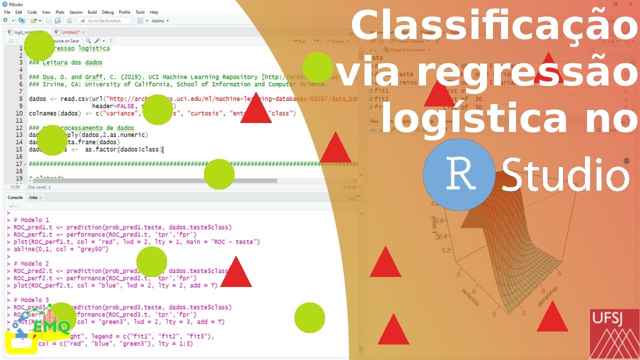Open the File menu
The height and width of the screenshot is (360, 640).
pos(7,12)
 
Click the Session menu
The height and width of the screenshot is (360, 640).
pos(76,12)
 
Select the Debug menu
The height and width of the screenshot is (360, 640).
pos(107,12)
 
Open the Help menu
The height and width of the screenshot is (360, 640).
pos(154,12)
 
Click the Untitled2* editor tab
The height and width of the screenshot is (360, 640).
pos(70,32)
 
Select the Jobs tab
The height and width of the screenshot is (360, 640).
pos(33,197)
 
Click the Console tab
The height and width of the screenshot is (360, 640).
pos(15,197)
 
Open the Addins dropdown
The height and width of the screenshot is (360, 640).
pos(160,21)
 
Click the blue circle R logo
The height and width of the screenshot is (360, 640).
pos(458,174)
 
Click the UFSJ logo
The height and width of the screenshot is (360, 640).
pos(614,333)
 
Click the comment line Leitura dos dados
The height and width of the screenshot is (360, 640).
pos(69,63)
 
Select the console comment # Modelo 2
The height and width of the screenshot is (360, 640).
pos(31,263)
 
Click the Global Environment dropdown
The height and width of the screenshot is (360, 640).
pos(407,50)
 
